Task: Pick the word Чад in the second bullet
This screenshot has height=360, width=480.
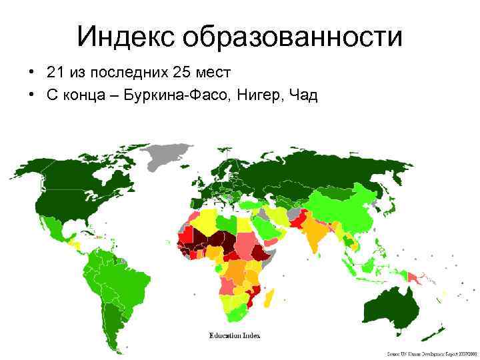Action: pyautogui.click(x=302, y=95)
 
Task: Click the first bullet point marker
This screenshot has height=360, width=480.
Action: pyautogui.click(x=31, y=71)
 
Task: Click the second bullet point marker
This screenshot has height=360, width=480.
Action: pyautogui.click(x=31, y=95)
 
